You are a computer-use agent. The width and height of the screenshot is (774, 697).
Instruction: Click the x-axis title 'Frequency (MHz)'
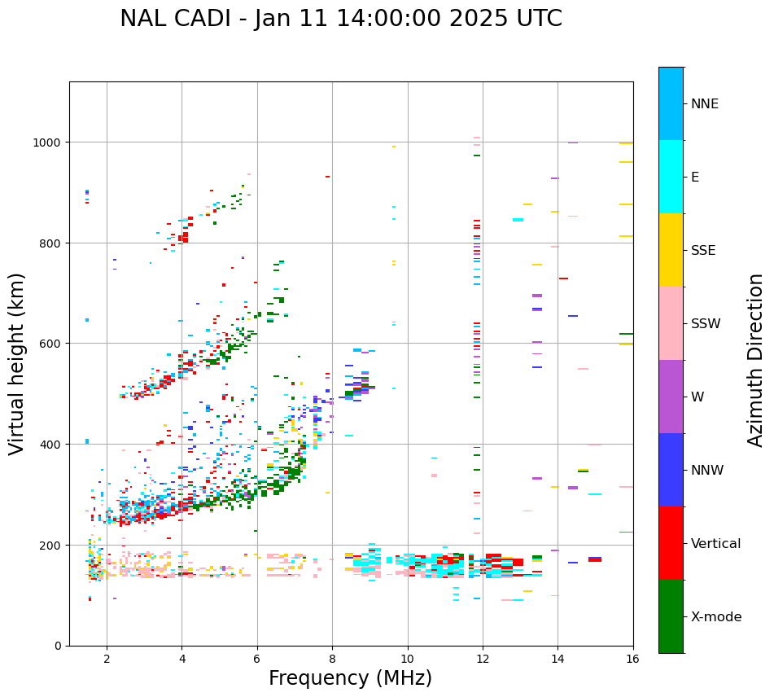click(350, 678)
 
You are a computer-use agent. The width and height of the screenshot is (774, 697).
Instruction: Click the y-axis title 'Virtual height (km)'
click(17, 363)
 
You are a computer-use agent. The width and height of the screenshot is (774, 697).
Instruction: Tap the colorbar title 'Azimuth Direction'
click(756, 360)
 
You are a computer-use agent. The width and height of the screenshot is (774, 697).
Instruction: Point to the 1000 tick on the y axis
click(50, 142)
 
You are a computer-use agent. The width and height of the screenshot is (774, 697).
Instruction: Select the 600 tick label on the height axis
click(53, 344)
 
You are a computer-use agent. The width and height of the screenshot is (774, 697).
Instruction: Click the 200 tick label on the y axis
click(53, 545)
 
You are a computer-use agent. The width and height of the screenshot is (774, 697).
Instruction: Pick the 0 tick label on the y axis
click(59, 646)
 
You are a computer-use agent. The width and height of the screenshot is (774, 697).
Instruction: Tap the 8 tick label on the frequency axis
click(332, 659)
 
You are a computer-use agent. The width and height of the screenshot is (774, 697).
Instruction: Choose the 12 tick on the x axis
click(483, 659)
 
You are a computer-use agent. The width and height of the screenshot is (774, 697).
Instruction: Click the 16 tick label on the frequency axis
click(633, 659)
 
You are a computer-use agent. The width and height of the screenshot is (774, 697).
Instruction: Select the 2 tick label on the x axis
click(107, 659)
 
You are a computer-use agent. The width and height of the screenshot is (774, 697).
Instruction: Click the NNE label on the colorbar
click(705, 103)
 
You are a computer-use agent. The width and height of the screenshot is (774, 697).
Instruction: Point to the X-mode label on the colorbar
click(716, 617)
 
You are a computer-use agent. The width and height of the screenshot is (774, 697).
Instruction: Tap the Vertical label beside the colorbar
click(716, 543)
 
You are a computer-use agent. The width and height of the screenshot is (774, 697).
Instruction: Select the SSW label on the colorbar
click(706, 323)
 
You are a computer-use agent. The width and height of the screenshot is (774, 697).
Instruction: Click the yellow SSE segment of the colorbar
click(671, 250)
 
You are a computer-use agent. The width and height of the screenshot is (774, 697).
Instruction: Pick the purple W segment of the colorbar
click(671, 397)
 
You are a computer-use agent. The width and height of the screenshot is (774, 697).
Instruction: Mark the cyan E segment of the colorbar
click(671, 177)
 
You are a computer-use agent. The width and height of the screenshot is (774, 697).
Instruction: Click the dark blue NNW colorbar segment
click(671, 470)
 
